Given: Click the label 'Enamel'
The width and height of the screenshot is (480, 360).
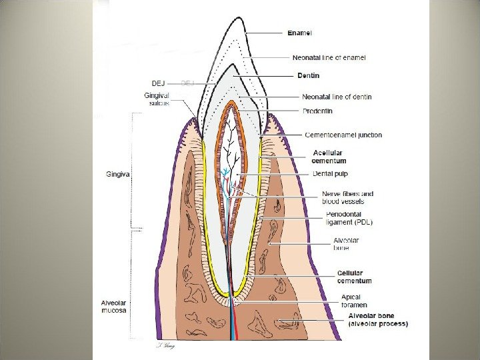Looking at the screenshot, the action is (x=300, y=32).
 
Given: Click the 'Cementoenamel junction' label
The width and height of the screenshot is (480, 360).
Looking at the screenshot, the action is (x=343, y=135).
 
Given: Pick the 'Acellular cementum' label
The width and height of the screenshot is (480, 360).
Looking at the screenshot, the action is (x=329, y=156).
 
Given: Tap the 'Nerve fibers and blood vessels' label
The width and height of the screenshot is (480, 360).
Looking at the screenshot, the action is (x=347, y=197).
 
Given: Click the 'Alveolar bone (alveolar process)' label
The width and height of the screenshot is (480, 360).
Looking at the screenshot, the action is (x=378, y=319).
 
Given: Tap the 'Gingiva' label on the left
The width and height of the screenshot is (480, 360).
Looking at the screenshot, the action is (x=117, y=172).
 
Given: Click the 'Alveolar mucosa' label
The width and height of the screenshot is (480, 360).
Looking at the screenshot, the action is (x=114, y=306).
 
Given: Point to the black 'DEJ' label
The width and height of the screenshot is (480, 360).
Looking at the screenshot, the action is (x=158, y=83).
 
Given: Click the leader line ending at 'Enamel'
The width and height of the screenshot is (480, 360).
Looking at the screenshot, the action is (x=267, y=33).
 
